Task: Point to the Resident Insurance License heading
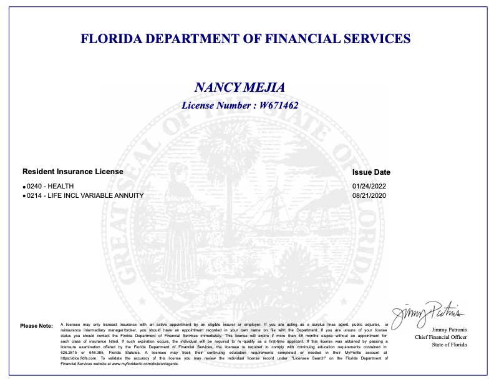[73, 171]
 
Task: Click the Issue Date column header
[371, 172]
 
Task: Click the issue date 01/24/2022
[370, 186]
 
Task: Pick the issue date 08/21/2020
[370, 195]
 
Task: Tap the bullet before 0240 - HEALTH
[24, 187]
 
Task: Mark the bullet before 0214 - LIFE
[24, 197]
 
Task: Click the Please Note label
[37, 326]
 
